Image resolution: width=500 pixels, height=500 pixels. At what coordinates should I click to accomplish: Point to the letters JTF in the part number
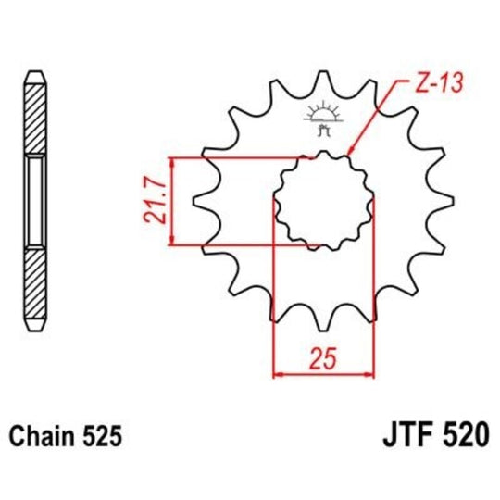click(x=405, y=431)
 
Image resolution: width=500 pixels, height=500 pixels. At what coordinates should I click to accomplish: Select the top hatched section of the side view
click(x=34, y=120)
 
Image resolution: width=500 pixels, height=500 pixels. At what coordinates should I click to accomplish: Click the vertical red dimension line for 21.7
click(x=172, y=202)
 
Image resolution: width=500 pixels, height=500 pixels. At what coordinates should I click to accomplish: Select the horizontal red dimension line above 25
click(x=322, y=374)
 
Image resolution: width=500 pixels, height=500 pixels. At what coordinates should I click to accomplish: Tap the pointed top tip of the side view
click(x=34, y=73)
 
